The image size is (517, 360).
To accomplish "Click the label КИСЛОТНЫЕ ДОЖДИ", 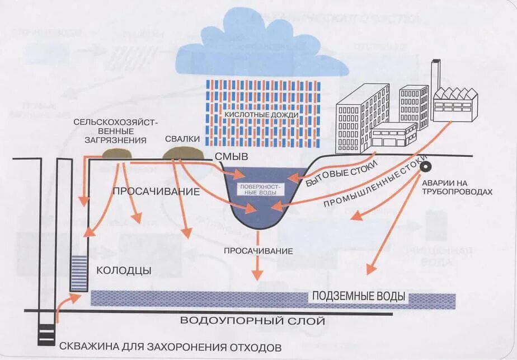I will click(x=261, y=115).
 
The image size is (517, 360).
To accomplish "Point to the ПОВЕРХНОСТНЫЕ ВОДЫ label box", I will click(x=261, y=189).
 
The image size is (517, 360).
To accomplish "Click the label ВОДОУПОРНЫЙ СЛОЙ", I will click(x=252, y=321).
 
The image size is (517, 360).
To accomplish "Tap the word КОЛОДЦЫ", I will click(x=124, y=270).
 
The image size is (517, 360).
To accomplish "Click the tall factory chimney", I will click(x=435, y=76).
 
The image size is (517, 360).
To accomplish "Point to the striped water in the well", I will click(x=79, y=272).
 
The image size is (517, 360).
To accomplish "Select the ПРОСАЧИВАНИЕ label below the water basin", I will click(x=258, y=251).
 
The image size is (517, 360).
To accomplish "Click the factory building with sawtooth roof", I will click(x=456, y=105).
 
